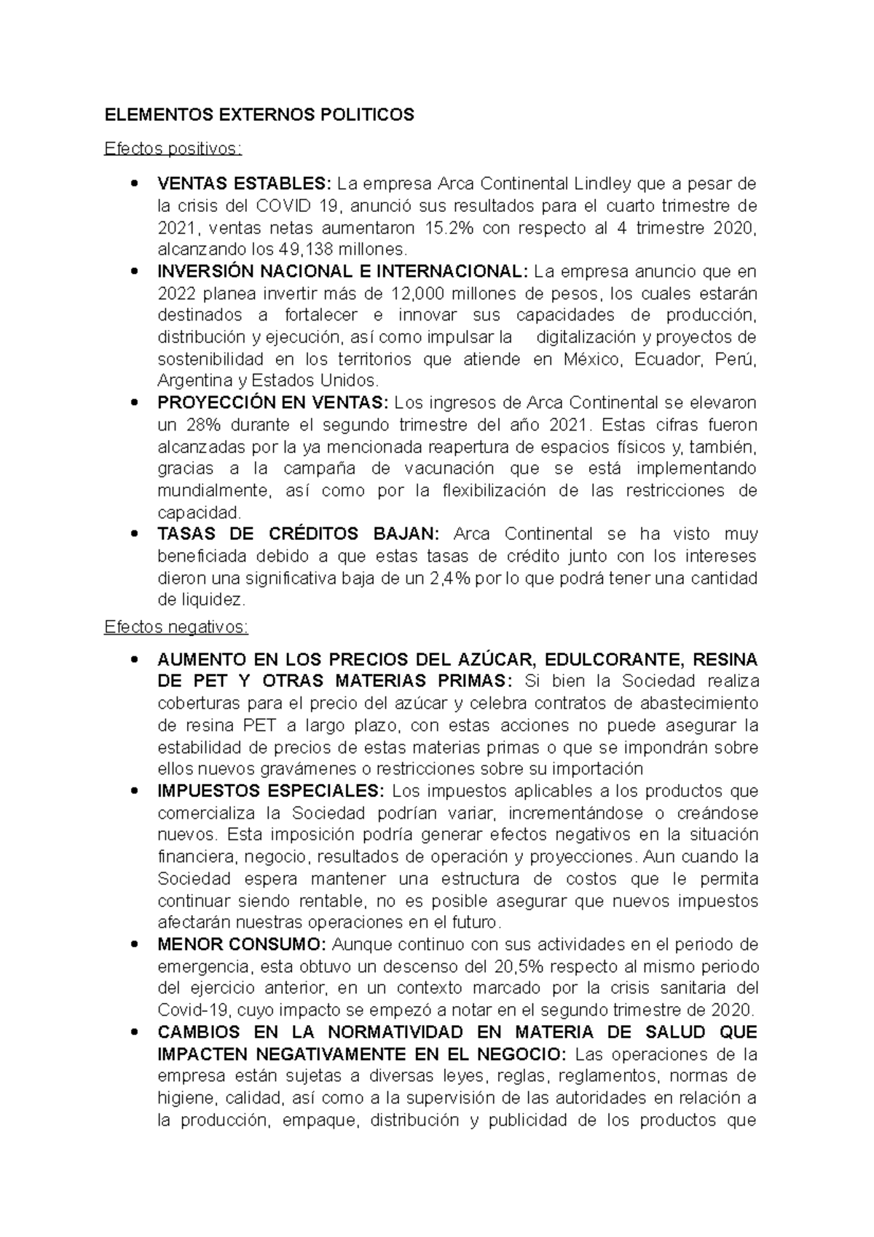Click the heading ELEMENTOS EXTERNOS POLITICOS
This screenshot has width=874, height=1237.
[259, 115]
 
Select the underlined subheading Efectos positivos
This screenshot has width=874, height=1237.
[171, 149]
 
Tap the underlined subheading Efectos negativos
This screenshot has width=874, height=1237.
[176, 627]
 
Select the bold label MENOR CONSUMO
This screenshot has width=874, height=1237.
[243, 945]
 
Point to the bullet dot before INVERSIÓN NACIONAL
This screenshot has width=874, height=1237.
[133, 272]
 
